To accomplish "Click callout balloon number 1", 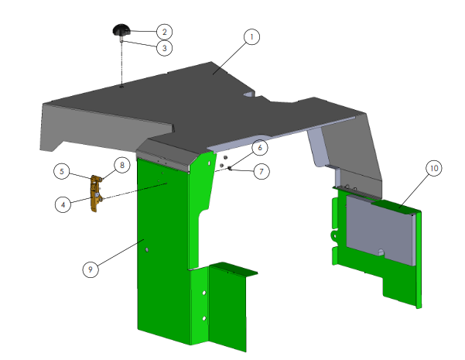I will tap(251, 36).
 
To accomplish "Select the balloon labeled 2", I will tap(163, 32).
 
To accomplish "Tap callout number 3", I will tap(163, 48).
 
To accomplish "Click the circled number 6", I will tap(261, 147).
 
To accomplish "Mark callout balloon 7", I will tap(262, 172).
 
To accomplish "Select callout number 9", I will tap(91, 269).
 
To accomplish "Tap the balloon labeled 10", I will tap(433, 167).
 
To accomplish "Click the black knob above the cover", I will tap(121, 31).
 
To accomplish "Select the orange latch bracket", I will tap(97, 194).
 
